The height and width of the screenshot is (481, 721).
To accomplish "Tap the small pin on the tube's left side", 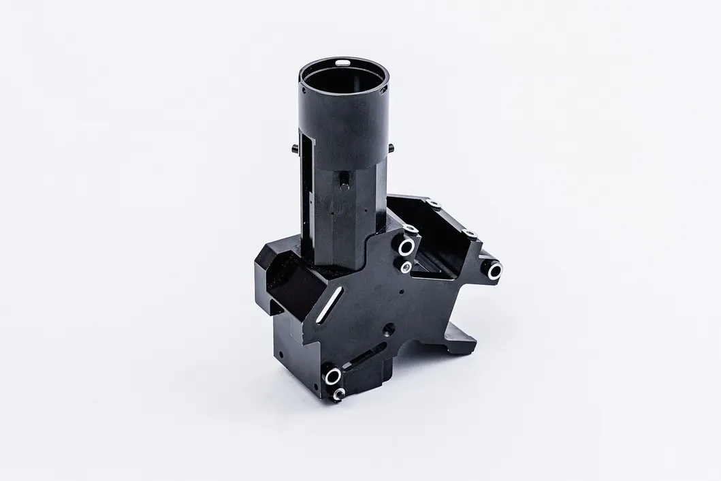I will click(293, 149).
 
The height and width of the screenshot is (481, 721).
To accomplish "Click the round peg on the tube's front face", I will click(345, 182).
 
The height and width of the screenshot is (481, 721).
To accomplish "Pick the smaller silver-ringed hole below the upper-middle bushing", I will click(406, 267).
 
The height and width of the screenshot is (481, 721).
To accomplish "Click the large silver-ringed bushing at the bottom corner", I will click(333, 375).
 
